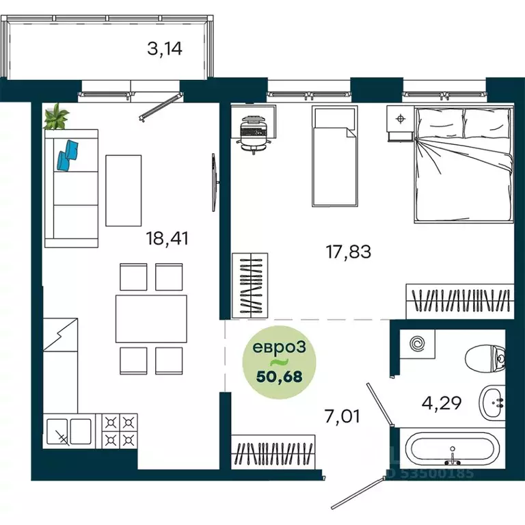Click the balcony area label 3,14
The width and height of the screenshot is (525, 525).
(165, 49)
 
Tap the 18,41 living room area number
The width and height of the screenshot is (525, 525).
(167, 239)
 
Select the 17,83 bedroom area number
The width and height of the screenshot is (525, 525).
(349, 252)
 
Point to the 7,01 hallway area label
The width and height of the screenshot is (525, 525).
(342, 416)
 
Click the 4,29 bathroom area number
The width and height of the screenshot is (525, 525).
(442, 403)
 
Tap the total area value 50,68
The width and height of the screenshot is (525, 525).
(279, 377)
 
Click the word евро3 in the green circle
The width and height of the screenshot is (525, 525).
(279, 347)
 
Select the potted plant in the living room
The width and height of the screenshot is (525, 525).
(56, 116)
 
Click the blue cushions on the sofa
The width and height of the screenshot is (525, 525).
(68, 154)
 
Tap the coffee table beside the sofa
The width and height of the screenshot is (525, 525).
(124, 191)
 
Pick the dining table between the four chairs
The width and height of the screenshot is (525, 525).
(151, 319)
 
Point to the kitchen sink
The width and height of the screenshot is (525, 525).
(69, 431)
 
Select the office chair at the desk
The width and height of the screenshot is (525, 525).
(254, 135)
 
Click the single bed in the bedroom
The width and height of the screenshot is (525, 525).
(335, 156)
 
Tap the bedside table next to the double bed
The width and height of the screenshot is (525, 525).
(400, 123)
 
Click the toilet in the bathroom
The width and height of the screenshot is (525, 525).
(485, 359)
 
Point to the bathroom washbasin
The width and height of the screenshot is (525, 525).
(492, 403)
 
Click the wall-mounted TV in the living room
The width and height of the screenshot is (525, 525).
(215, 183)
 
